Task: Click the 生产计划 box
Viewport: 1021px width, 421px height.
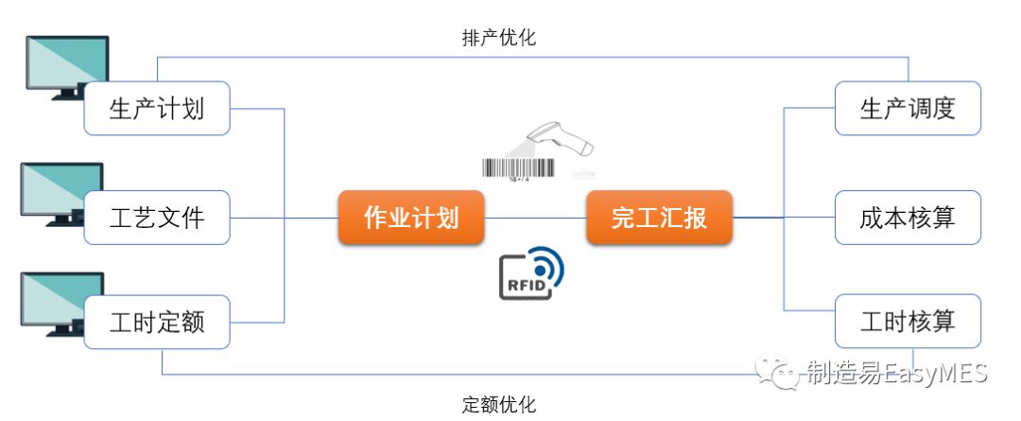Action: [x=157, y=108]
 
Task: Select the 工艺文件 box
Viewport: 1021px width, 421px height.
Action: [x=157, y=218]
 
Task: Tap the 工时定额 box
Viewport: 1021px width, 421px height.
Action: [x=157, y=322]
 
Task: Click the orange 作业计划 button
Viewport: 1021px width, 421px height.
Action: [x=411, y=218]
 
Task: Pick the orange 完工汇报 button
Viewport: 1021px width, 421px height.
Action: [x=659, y=218]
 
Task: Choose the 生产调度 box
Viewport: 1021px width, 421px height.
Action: [x=908, y=108]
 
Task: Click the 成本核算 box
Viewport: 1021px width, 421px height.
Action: [x=908, y=218]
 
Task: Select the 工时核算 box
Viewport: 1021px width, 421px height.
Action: [x=908, y=322]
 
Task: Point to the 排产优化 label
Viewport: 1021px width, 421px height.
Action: [x=498, y=39]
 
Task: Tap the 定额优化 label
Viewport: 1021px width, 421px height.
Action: [x=498, y=405]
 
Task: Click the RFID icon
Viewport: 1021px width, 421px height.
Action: [x=530, y=273]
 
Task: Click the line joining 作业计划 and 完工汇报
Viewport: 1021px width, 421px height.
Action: [x=536, y=218]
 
